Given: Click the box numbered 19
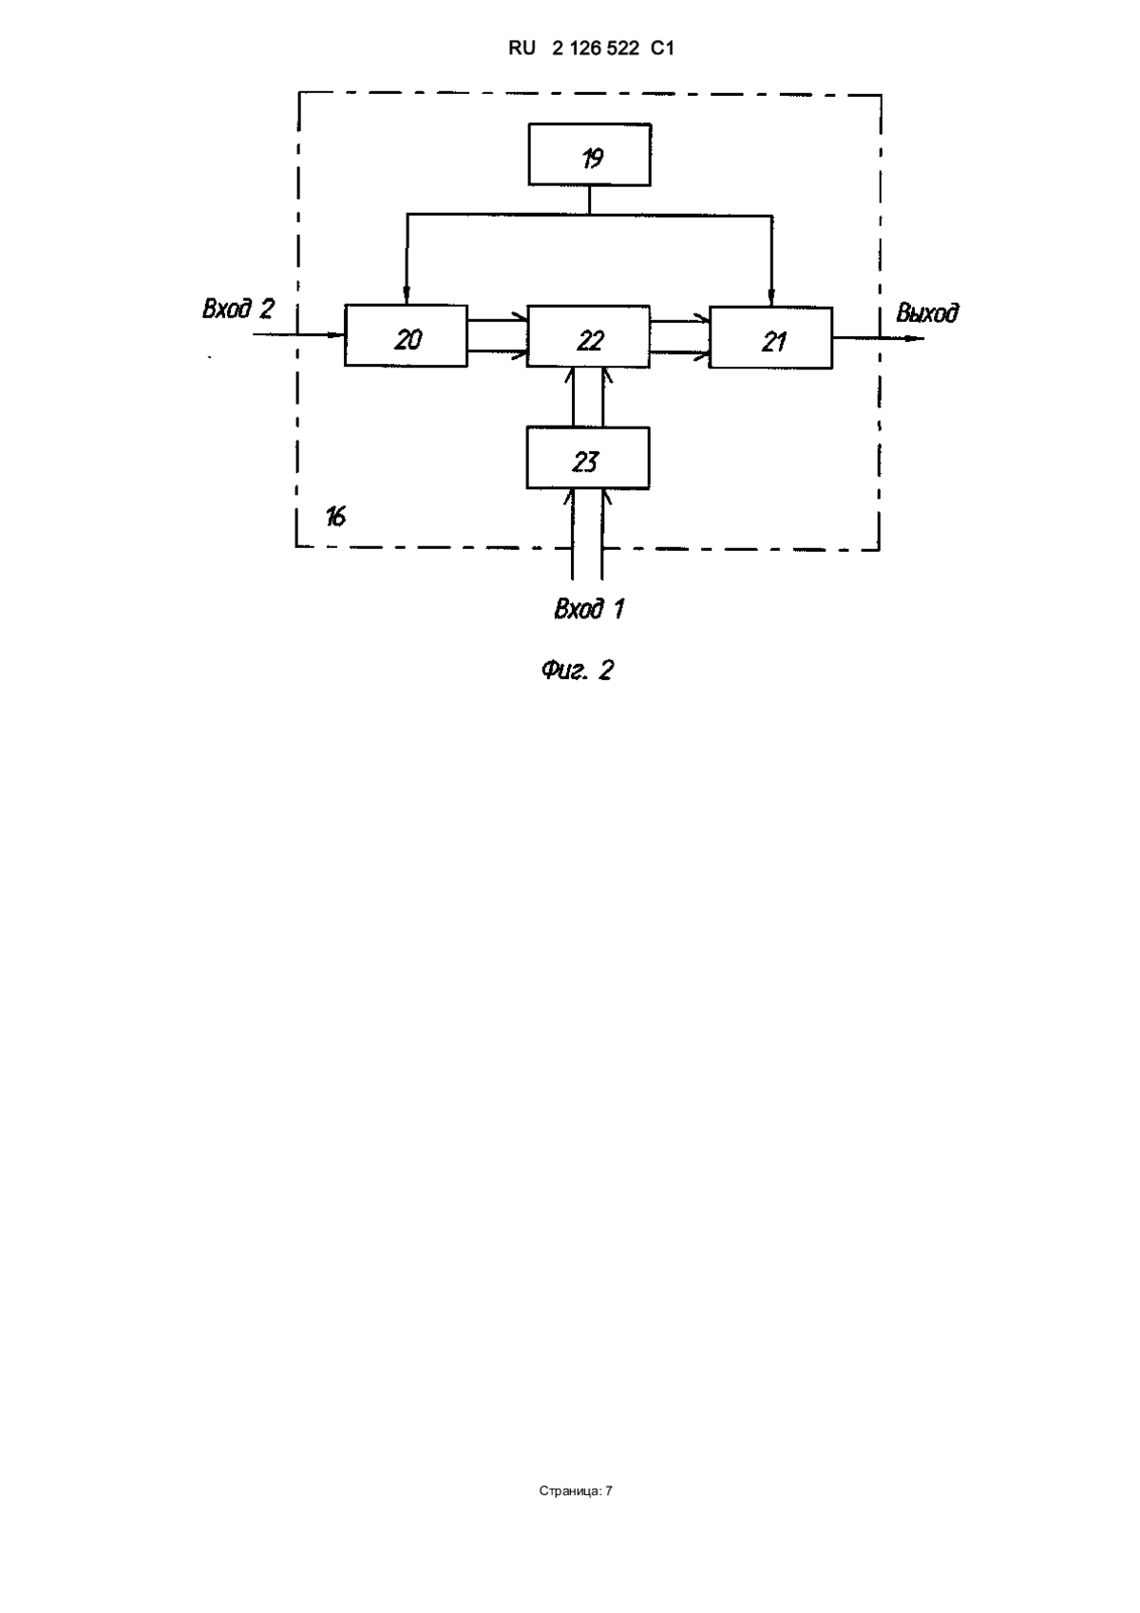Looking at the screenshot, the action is [589, 155].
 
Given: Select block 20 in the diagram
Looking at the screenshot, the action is [407, 335].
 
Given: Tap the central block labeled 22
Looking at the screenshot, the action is [588, 336].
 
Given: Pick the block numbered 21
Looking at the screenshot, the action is [771, 338].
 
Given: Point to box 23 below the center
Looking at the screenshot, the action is [588, 458].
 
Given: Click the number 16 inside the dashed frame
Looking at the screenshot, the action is [335, 517].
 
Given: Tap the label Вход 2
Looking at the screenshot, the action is [237, 309].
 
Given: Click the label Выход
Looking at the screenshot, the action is [927, 313].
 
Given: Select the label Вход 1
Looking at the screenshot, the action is [589, 609].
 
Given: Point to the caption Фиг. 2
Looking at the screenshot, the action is [577, 671].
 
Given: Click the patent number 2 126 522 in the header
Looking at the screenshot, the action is [596, 48].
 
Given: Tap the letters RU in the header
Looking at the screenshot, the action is [522, 48].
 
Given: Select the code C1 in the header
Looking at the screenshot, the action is [662, 48].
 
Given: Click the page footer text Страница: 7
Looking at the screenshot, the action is [576, 1490].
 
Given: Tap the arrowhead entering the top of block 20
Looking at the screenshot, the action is [407, 296].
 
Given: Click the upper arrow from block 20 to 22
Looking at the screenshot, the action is [498, 320].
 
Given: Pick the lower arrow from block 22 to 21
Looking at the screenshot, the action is [680, 352].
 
